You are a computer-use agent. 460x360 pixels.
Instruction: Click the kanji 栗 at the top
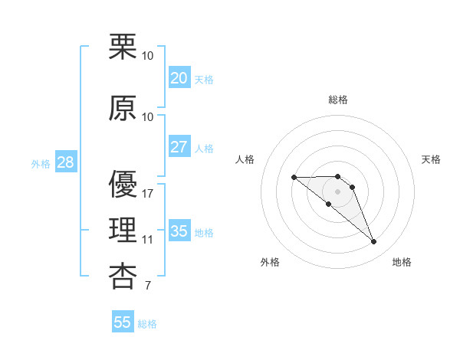tap(123, 47)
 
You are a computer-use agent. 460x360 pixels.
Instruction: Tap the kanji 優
tap(123, 185)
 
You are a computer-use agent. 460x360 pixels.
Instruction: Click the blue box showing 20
tap(179, 77)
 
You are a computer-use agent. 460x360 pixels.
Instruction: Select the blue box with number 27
tap(179, 147)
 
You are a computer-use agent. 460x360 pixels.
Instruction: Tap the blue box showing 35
tap(179, 231)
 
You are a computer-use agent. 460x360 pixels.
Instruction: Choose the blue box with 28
tap(65, 162)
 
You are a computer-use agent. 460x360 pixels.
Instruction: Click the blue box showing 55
tap(123, 322)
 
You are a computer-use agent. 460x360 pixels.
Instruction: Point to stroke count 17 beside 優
tap(148, 194)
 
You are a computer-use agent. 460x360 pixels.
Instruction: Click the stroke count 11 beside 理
tap(148, 240)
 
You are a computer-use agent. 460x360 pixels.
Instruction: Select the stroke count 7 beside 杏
tap(148, 286)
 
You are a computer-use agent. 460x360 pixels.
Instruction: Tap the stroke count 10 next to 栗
tap(148, 56)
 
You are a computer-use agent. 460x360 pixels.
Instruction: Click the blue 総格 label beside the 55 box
tap(147, 324)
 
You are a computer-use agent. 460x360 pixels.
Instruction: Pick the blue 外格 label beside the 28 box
tap(41, 164)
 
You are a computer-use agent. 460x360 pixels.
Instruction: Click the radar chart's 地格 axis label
tap(402, 262)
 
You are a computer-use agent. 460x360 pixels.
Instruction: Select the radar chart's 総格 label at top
tap(338, 100)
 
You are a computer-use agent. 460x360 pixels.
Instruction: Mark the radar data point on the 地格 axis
tap(374, 242)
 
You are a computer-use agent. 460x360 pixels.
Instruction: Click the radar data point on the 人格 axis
tap(294, 177)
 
